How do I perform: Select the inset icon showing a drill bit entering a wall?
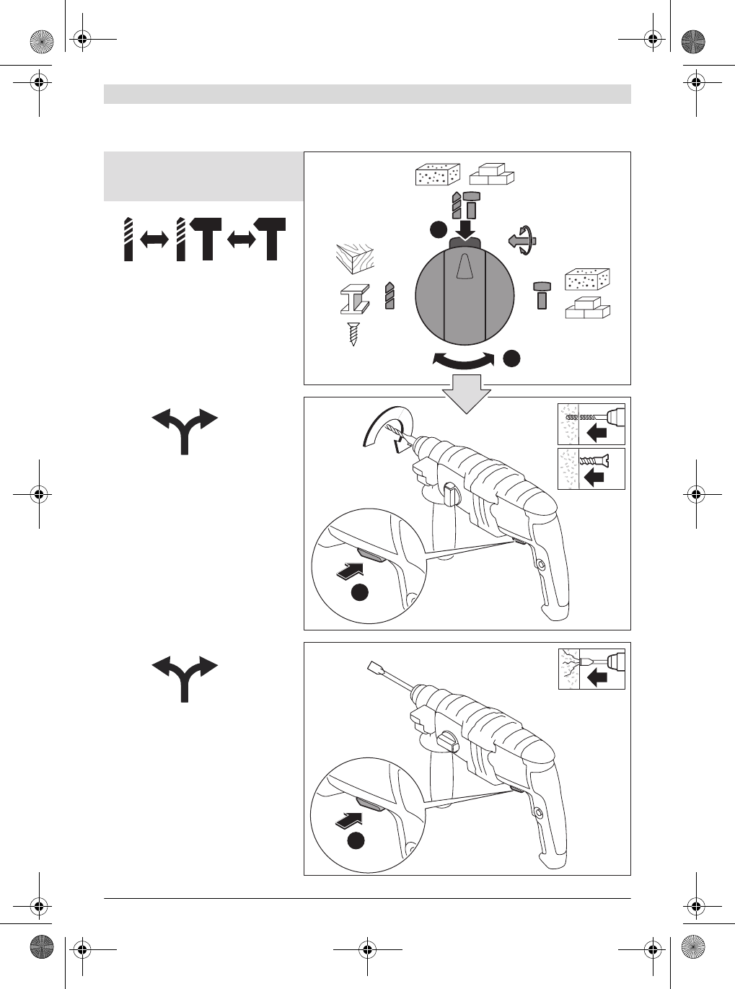591,423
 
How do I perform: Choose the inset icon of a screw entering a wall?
591,469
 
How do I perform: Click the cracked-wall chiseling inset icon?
591,669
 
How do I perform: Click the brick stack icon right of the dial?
587,308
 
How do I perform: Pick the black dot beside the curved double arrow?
511,357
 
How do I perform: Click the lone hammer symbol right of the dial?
542,295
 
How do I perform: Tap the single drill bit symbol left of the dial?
389,296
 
